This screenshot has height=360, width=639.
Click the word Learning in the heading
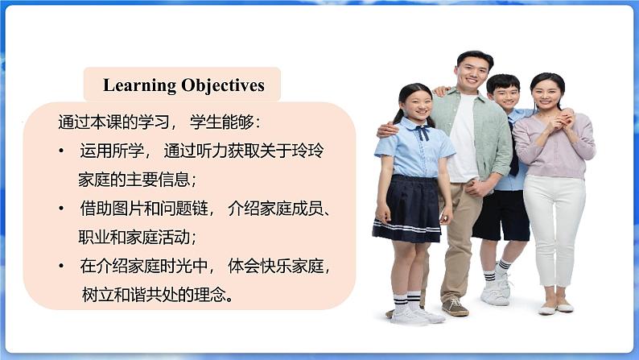[x=139, y=85]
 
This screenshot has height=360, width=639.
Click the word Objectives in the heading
[x=223, y=85]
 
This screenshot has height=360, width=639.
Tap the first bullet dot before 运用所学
[x=61, y=151]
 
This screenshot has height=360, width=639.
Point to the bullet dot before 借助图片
[x=61, y=209]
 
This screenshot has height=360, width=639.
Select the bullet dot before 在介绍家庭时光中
[x=61, y=267]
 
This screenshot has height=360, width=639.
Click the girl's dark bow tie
[x=423, y=132]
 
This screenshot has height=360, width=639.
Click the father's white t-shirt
[x=464, y=139]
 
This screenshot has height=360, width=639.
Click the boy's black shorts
[x=501, y=215]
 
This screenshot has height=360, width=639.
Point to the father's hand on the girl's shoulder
[x=387, y=129]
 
